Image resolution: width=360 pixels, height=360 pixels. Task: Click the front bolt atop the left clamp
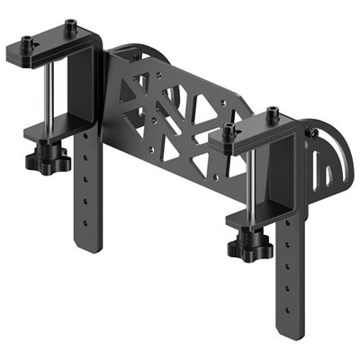point(28,41)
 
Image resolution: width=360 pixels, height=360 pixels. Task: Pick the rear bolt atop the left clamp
point(67,25)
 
